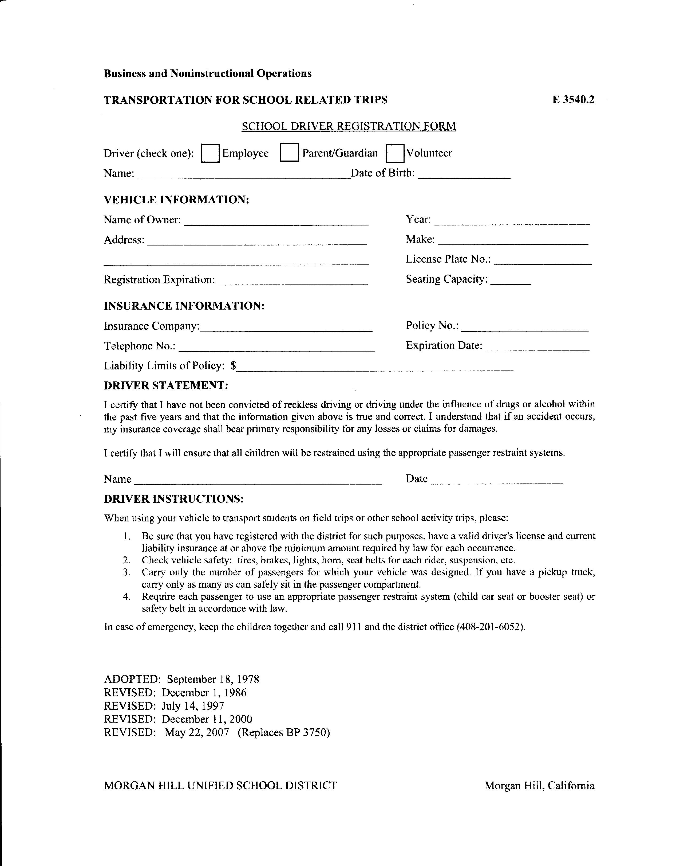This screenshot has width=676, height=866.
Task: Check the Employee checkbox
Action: click(x=210, y=153)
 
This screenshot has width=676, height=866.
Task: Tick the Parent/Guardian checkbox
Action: click(x=289, y=153)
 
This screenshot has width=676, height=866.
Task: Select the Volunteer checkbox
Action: click(x=395, y=153)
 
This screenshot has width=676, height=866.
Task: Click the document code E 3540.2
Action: click(x=573, y=100)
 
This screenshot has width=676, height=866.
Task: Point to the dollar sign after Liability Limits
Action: click(x=234, y=366)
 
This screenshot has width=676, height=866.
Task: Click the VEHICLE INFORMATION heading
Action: click(x=176, y=200)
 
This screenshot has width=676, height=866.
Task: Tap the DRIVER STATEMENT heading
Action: click(x=166, y=385)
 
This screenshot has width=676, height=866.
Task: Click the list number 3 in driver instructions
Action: click(x=126, y=572)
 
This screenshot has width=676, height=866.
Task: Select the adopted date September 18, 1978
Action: click(x=213, y=679)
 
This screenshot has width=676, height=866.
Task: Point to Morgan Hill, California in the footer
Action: click(x=539, y=786)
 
